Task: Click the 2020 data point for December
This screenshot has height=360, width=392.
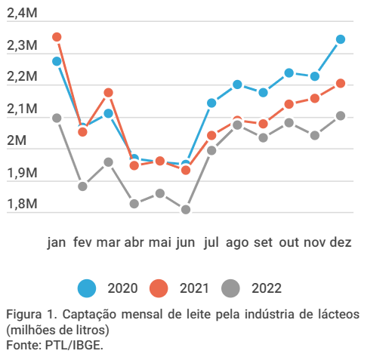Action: (341, 39)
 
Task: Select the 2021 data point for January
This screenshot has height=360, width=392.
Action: (57, 37)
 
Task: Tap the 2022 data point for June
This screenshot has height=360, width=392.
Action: (186, 209)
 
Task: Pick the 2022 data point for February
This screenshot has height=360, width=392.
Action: (82, 186)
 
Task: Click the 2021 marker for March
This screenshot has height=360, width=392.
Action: (108, 93)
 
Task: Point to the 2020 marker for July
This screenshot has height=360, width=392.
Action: (211, 103)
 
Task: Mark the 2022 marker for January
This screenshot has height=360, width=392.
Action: (57, 118)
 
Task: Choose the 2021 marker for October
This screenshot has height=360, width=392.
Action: (289, 104)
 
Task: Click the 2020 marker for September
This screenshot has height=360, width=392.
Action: (263, 93)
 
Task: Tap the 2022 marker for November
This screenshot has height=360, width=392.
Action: (315, 136)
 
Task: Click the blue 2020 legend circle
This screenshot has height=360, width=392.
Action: (87, 288)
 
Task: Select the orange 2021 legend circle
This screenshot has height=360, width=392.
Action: (159, 288)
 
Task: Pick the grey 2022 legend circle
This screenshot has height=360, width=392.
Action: (230, 288)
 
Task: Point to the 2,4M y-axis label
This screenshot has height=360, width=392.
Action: (22, 13)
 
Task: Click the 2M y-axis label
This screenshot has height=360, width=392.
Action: (17, 140)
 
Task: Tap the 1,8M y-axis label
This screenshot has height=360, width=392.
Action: (22, 204)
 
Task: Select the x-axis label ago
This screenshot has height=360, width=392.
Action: (237, 243)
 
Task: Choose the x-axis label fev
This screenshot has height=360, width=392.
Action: (82, 242)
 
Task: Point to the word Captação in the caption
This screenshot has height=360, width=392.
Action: (89, 315)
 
